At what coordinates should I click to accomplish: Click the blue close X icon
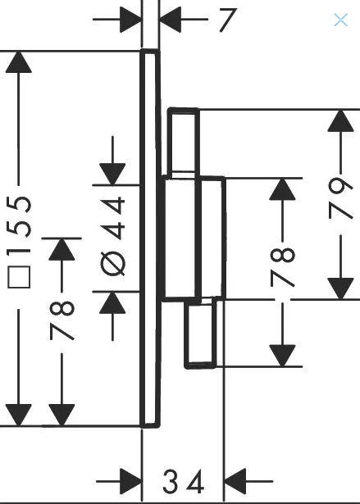(340, 20)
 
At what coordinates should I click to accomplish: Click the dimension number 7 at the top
(228, 20)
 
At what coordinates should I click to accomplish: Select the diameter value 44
(112, 218)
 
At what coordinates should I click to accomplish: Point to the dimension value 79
(340, 198)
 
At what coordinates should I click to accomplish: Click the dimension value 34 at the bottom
(184, 481)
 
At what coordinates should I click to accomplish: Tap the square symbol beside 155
(19, 277)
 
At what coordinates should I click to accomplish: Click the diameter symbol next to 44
(112, 264)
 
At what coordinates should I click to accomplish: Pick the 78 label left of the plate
(62, 320)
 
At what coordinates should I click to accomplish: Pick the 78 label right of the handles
(282, 266)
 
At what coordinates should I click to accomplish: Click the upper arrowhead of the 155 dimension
(19, 62)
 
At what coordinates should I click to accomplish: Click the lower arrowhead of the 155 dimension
(19, 415)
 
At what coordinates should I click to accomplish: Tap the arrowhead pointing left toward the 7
(171, 20)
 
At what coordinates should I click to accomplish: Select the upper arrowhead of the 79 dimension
(340, 120)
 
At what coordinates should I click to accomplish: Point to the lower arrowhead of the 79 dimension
(340, 288)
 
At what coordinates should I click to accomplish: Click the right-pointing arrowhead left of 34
(131, 481)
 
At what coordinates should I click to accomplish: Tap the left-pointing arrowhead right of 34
(235, 481)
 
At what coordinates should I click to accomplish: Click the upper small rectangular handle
(183, 142)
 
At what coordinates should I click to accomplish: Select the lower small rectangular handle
(200, 333)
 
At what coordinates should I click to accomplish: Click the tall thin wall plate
(150, 238)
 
